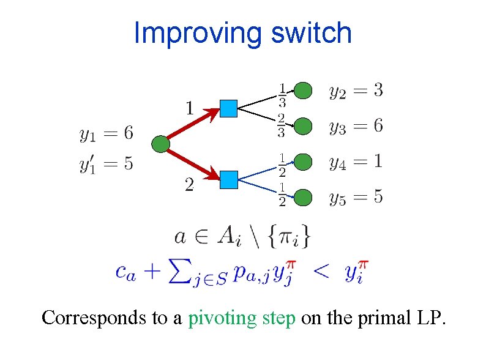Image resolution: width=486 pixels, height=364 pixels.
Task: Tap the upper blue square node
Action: pyautogui.click(x=228, y=108)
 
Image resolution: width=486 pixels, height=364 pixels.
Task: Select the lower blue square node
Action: pyautogui.click(x=228, y=179)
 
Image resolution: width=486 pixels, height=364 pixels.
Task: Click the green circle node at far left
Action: pyautogui.click(x=160, y=144)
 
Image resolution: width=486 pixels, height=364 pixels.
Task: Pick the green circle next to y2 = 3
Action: pyautogui.click(x=304, y=91)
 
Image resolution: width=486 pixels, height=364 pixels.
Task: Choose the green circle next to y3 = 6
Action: pyautogui.click(x=304, y=126)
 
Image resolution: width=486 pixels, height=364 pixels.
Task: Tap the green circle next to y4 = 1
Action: pyautogui.click(x=304, y=162)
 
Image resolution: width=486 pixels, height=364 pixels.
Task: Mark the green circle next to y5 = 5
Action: pyautogui.click(x=304, y=197)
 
